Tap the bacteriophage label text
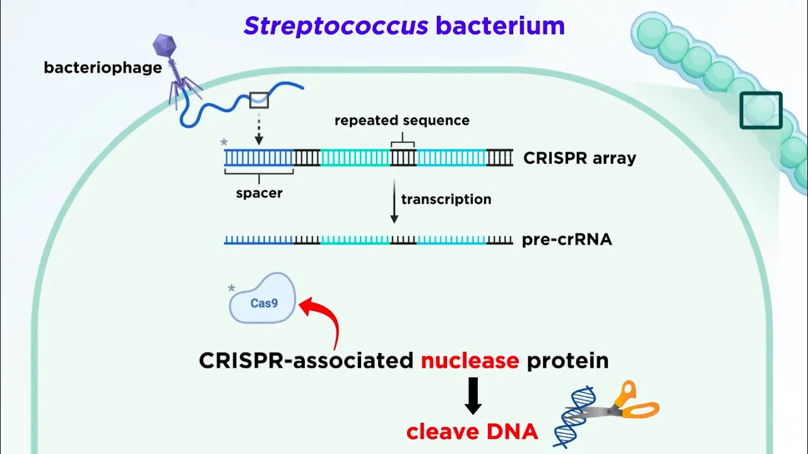pos(103,67)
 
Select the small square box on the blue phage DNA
pos(259,99)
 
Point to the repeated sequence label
pos(402,120)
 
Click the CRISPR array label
pos(579,158)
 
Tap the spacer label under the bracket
pos(259,193)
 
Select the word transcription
pos(446,199)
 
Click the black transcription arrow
pos(394,202)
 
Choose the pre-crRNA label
pos(567,240)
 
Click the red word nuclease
pos(470,360)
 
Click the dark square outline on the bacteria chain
pos(761,110)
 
